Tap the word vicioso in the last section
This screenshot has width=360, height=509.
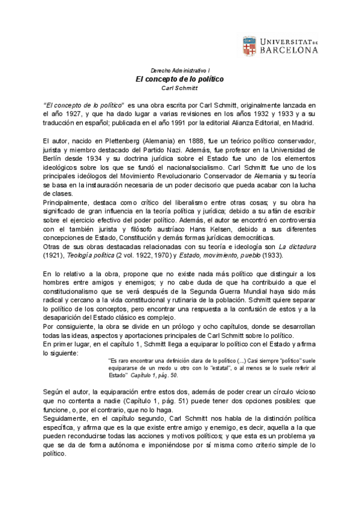tap(302, 391)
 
